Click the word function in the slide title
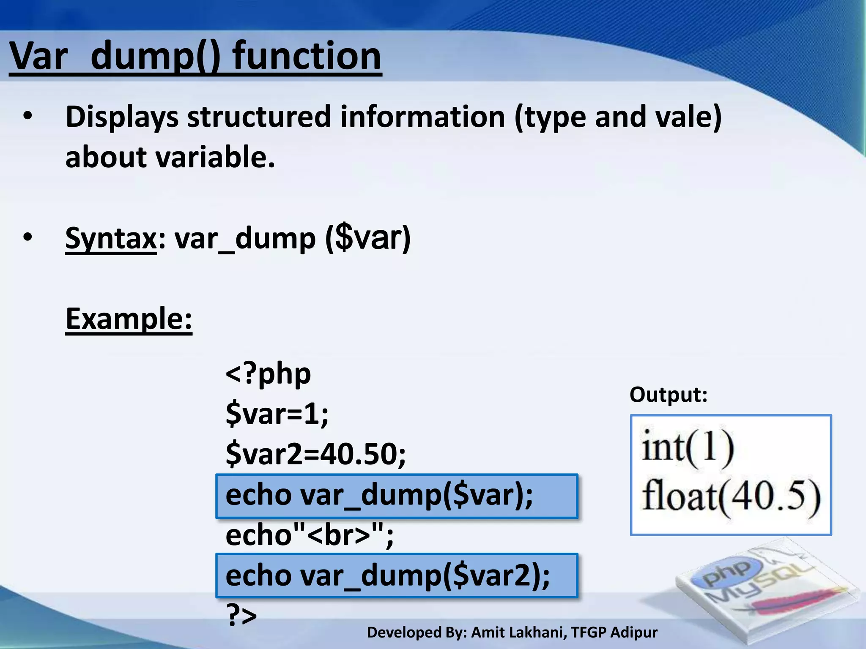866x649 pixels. (x=307, y=56)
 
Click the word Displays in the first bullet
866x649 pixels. (x=121, y=117)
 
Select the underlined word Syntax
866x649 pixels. (x=111, y=239)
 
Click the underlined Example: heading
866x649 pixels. (x=129, y=319)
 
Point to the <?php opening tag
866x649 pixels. (x=268, y=374)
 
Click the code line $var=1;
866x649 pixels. (x=277, y=414)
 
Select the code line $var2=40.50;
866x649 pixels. (x=315, y=454)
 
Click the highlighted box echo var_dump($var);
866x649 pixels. (x=396, y=496)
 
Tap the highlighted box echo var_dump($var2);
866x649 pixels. (x=396, y=575)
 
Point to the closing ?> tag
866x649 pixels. (x=241, y=615)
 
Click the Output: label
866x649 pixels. (x=668, y=395)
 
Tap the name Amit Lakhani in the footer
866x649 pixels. (x=519, y=633)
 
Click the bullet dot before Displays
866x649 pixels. (x=28, y=117)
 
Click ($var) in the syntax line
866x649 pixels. (x=368, y=239)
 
